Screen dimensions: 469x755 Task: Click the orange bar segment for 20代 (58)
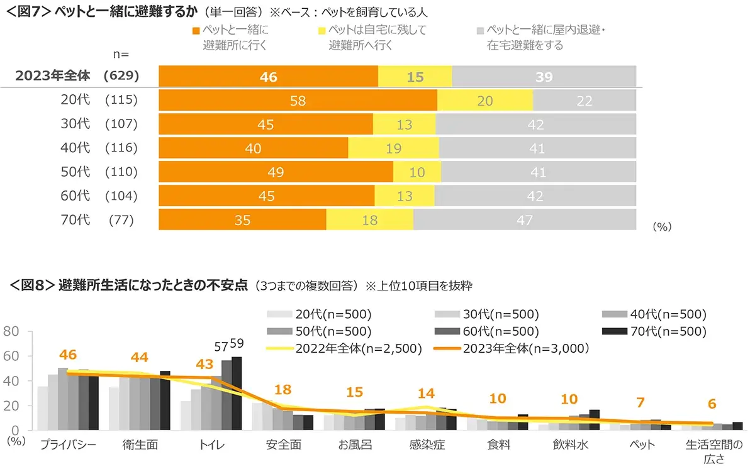coord(298,101)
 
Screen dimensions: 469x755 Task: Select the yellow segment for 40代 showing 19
coord(393,148)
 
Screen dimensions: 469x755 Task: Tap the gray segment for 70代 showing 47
coord(524,220)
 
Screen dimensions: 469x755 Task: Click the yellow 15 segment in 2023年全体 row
coord(415,77)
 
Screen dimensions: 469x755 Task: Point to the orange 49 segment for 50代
coord(276,172)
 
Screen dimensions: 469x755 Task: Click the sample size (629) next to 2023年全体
coord(121,76)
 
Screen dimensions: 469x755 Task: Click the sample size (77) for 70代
coord(121,220)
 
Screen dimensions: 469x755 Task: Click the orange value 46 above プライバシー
coord(68,355)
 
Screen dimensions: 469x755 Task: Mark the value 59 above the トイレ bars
coord(237,344)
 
